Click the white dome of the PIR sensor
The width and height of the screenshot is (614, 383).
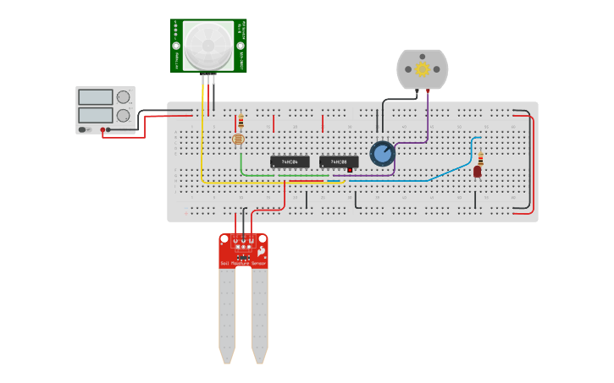(208, 46)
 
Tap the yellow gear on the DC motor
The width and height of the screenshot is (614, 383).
(422, 68)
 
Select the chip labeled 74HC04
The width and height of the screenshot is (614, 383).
(290, 161)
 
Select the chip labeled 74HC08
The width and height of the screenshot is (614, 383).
(339, 161)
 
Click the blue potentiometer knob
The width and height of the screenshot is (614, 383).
(382, 154)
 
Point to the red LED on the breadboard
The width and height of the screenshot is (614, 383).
(478, 172)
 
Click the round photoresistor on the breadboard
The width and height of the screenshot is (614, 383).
(239, 140)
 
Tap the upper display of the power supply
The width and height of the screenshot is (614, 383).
(96, 97)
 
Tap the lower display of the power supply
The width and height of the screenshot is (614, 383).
(96, 115)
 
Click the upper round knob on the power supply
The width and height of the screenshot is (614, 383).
(124, 97)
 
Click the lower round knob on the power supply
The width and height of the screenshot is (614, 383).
(124, 115)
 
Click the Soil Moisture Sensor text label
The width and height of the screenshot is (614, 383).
(243, 264)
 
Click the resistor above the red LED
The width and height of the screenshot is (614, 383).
(481, 158)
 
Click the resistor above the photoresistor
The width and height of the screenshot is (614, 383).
(241, 121)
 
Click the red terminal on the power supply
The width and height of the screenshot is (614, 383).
(103, 130)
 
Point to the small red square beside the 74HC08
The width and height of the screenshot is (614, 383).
(349, 169)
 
